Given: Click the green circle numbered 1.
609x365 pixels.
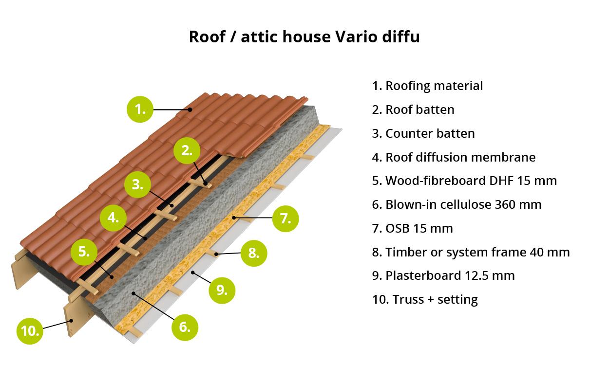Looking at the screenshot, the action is (x=140, y=109).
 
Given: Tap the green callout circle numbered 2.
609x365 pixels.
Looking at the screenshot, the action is (x=187, y=150).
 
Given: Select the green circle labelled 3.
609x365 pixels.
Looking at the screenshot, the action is (x=137, y=184).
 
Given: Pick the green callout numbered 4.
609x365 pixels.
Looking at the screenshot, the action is (x=113, y=218).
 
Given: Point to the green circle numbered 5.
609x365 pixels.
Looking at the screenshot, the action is (x=84, y=252).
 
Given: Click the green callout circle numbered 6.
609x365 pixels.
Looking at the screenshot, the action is (x=185, y=327).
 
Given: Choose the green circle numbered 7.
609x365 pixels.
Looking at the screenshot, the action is (x=285, y=219).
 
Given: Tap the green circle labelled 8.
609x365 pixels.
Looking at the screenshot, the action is (x=254, y=253).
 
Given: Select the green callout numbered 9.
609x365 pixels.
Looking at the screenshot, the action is (x=222, y=291).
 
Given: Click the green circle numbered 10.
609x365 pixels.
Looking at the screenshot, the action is (x=30, y=331).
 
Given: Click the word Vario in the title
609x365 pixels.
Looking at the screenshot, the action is (x=356, y=36).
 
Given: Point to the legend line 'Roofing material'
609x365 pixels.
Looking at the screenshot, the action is (x=427, y=86).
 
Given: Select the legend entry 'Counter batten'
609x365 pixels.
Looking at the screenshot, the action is (x=423, y=134).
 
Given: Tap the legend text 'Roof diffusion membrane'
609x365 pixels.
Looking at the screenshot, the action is (x=454, y=157).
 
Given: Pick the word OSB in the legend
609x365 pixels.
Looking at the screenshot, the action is (x=397, y=228).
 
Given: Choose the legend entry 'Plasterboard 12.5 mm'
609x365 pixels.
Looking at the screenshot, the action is (x=443, y=275).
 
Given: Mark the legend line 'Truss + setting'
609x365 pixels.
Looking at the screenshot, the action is (x=425, y=300).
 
